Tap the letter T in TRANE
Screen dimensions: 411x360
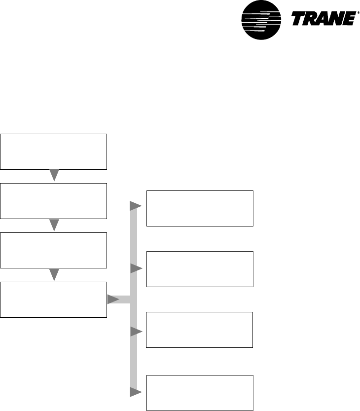[300, 20]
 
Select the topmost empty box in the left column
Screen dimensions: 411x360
[54, 151]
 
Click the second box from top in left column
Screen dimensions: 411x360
[54, 201]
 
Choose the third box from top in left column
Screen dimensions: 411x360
[54, 250]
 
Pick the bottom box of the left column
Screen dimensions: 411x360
[54, 299]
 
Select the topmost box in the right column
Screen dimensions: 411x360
[200, 208]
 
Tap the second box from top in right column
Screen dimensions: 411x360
[200, 269]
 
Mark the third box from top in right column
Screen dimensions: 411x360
[200, 330]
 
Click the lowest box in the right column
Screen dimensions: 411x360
[200, 393]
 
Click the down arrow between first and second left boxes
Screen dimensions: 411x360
[54, 176]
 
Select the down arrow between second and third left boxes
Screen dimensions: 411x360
[54, 225]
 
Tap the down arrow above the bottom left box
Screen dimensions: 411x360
[54, 274]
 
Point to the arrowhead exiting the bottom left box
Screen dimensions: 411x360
[113, 299]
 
